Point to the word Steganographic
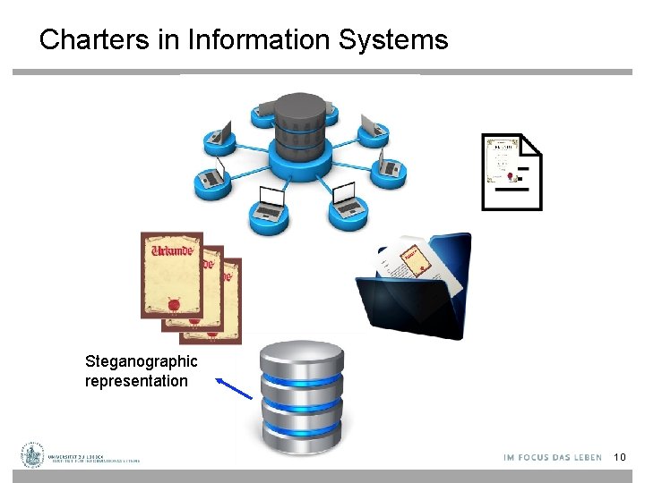click(x=141, y=361)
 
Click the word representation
click(x=136, y=381)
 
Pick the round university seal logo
click(x=33, y=455)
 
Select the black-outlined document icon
click(x=512, y=172)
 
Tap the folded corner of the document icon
click(x=531, y=144)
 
